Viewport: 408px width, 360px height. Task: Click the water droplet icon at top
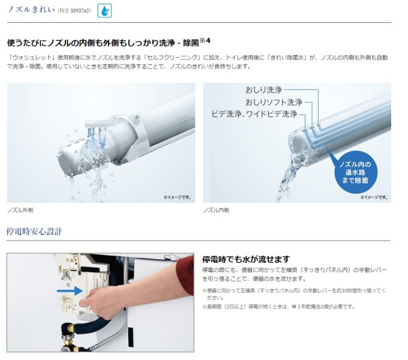(104, 11)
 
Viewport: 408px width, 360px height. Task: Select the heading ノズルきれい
(31, 10)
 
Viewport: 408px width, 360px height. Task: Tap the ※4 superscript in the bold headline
(205, 41)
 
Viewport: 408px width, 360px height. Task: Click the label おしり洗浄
(263, 90)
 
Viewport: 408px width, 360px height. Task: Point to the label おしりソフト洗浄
(274, 102)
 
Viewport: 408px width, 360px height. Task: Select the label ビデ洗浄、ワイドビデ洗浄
(254, 114)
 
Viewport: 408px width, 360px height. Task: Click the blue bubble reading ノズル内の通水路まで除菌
(355, 172)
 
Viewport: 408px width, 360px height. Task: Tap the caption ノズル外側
(20, 210)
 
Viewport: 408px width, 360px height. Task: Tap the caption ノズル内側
(216, 210)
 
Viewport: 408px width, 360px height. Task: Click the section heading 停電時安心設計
(34, 231)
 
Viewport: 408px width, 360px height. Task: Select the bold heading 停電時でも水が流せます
(246, 259)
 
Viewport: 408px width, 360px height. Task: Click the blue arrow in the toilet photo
(70, 290)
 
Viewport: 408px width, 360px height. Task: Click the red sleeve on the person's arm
(185, 275)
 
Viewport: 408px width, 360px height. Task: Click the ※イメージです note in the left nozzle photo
(177, 197)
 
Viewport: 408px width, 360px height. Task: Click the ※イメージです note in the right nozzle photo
(374, 197)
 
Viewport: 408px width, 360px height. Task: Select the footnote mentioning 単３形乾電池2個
(278, 307)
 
